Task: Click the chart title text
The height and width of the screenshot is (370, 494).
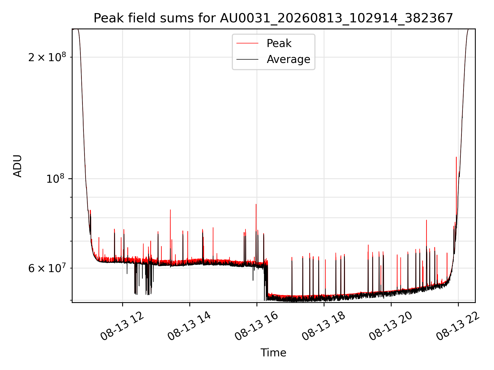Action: (x=273, y=18)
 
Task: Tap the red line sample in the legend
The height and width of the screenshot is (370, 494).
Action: (x=247, y=43)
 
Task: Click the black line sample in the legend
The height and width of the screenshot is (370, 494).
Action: (x=247, y=59)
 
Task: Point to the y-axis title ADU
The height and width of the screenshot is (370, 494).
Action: (x=17, y=166)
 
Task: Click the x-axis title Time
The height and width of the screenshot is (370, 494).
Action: (x=273, y=353)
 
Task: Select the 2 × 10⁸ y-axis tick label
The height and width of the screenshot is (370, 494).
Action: (x=47, y=57)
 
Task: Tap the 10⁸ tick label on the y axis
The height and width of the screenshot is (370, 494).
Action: (x=55, y=178)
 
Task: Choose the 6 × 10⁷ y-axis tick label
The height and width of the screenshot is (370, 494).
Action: (x=47, y=268)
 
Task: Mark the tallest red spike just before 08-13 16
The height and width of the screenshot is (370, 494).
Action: (x=256, y=205)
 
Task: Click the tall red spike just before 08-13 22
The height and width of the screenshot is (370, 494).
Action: (x=456, y=157)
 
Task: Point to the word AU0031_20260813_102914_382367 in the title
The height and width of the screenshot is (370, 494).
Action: (x=336, y=18)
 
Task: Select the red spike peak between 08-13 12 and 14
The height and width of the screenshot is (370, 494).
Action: (x=170, y=210)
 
